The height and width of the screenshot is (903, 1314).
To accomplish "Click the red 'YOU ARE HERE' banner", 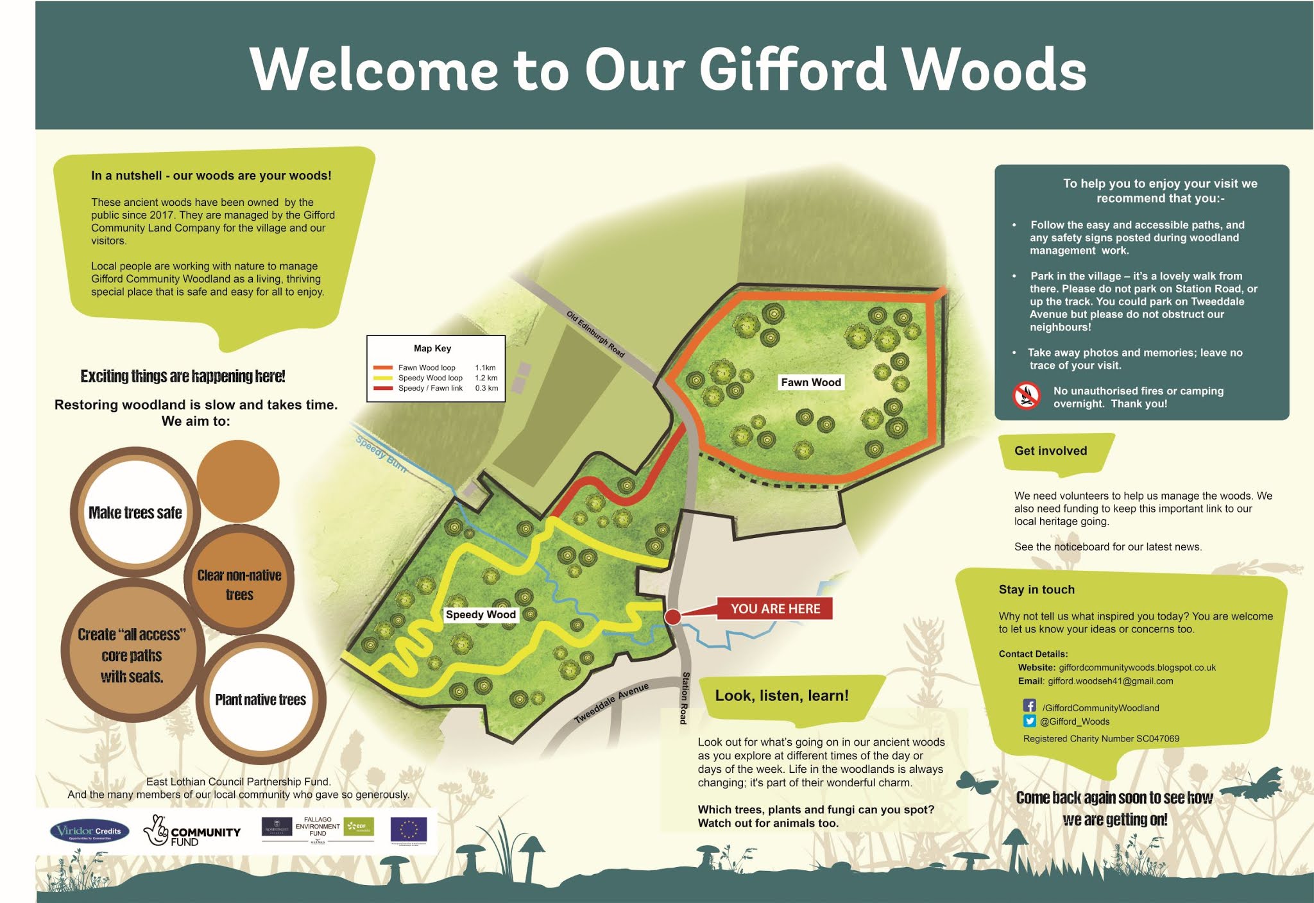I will click(775, 609).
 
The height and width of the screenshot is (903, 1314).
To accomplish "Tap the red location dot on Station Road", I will click(672, 617).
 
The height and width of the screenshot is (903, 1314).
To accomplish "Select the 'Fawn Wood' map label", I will click(810, 382).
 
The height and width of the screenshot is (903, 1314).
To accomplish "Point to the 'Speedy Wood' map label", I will click(481, 614).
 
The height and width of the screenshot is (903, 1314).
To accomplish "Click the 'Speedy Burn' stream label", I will click(381, 454).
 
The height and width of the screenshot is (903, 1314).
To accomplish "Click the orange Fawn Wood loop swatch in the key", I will click(383, 368).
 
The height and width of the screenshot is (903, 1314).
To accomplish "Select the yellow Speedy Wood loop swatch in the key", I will click(383, 378).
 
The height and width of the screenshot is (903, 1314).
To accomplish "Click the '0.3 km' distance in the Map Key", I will click(486, 388).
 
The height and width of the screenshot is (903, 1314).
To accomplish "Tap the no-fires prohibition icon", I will click(1026, 396).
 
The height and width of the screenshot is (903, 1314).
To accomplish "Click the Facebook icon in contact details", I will click(1030, 706).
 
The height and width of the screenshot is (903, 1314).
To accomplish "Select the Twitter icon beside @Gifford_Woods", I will click(1030, 721).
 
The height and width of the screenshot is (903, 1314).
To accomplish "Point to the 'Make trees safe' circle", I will click(135, 512).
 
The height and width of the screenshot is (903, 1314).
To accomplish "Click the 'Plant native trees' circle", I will click(260, 699).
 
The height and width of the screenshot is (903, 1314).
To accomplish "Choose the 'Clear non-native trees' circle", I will click(239, 584).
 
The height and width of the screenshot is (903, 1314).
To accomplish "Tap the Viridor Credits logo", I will click(89, 832).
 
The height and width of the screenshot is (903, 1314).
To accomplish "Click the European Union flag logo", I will click(409, 829).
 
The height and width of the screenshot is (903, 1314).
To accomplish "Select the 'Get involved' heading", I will click(1050, 451).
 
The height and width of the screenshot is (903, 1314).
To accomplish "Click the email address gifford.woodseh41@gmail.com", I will click(1110, 681).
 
